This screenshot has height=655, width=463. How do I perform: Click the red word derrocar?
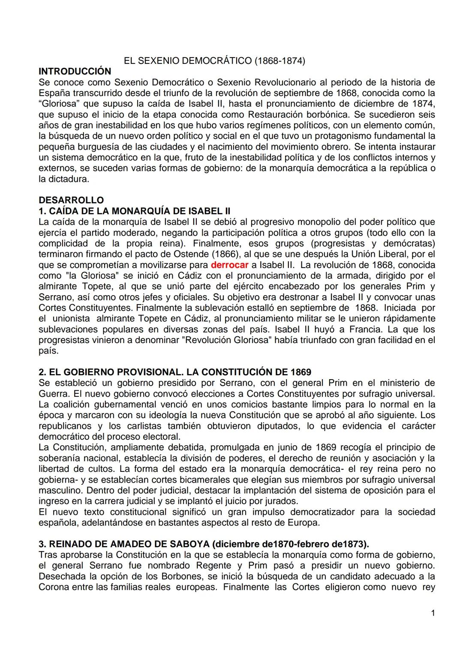tap(230, 265)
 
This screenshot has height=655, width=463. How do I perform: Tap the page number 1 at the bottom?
tap(433, 613)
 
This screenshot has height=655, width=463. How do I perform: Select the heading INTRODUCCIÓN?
tap(75, 71)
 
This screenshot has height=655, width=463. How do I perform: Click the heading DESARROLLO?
tap(71, 200)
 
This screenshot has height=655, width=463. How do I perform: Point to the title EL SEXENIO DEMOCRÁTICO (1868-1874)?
tap(214, 61)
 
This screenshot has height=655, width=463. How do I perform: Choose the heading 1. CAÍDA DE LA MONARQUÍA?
tap(134, 211)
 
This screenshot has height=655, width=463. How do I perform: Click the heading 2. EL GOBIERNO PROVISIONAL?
tap(174, 372)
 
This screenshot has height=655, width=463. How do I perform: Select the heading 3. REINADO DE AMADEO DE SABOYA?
tap(203, 544)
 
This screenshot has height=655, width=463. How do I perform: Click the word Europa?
tap(304, 522)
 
